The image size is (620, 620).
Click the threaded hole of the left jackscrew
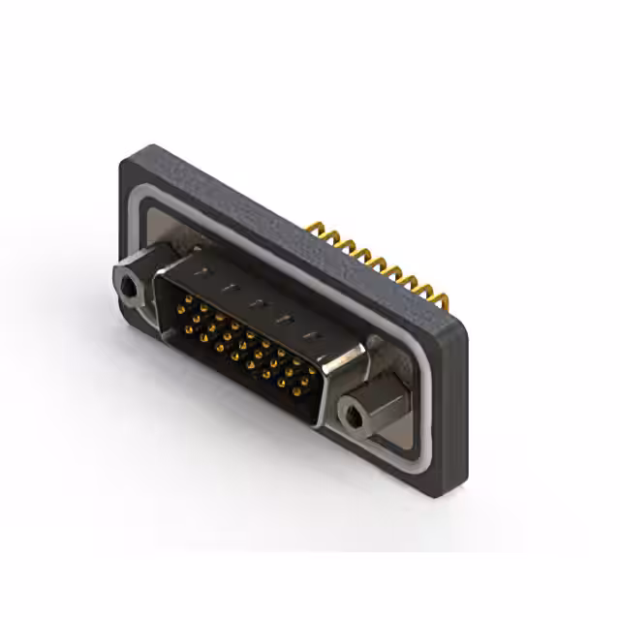click(x=128, y=287)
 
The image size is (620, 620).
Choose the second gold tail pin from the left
click(x=328, y=235)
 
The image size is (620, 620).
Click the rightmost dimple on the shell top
click(x=313, y=335)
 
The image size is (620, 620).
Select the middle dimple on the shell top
click(x=258, y=303)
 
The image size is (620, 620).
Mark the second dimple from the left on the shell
click(x=230, y=288)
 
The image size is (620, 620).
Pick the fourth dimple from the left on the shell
click(x=286, y=319)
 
